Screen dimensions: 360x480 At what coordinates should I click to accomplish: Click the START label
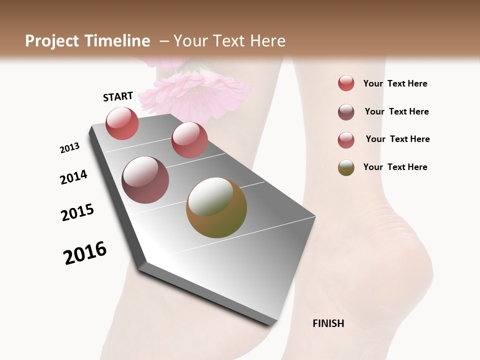click(118, 96)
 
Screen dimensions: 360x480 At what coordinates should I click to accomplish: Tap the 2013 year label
click(69, 148)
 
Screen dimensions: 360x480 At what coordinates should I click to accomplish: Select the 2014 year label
click(73, 177)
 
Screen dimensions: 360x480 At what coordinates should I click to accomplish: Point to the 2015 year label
click(77, 212)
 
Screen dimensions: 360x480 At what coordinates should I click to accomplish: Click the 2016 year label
click(85, 252)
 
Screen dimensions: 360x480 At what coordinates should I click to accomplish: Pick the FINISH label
click(328, 323)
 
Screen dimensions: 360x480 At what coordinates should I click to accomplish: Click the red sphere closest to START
click(122, 123)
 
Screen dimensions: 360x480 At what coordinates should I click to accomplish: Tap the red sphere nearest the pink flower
click(189, 139)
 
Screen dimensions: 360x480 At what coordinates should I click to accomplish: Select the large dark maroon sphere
click(145, 179)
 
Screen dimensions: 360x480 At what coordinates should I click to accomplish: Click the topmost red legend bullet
click(346, 83)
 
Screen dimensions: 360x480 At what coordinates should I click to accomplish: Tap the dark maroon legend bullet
click(346, 112)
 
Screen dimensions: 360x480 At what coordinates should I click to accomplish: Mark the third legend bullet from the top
click(346, 140)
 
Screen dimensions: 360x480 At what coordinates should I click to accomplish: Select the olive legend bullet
click(346, 167)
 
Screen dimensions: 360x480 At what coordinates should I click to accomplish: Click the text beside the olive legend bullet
click(395, 167)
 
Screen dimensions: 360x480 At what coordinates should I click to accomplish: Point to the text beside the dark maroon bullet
click(396, 111)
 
